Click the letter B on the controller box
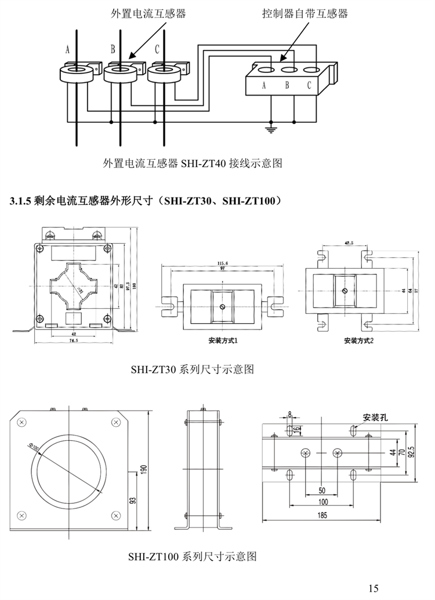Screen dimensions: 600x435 tap(287, 86)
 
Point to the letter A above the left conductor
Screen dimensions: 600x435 tap(68, 50)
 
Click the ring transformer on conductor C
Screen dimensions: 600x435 tap(164, 73)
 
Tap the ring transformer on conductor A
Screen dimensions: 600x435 tap(78, 73)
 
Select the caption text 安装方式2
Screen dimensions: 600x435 tap(358, 340)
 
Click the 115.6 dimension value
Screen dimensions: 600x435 tap(222, 263)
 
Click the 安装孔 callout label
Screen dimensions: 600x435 tap(375, 417)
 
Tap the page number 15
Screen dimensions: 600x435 tap(373, 588)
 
